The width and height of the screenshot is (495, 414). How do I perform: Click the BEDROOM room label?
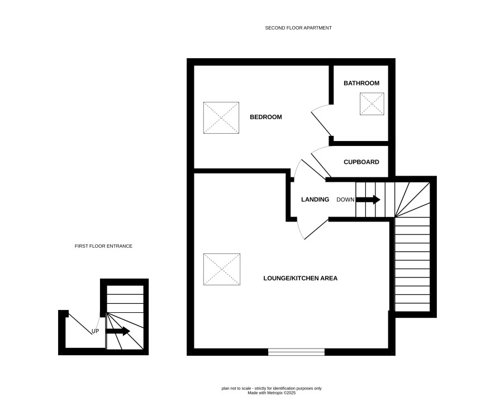point(266,117)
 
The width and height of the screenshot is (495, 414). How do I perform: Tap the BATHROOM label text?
point(361,83)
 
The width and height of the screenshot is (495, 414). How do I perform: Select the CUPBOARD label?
point(361,162)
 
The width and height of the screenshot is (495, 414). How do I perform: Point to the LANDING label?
point(315,199)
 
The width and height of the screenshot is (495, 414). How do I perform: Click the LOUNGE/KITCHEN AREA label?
point(301,279)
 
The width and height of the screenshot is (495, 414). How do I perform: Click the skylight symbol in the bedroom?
point(221,117)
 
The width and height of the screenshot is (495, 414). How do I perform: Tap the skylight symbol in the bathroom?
point(372,103)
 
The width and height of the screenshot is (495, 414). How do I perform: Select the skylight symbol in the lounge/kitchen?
point(222,269)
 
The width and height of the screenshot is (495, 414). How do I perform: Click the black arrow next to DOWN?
point(368,200)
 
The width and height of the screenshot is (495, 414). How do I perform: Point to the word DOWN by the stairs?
point(345,200)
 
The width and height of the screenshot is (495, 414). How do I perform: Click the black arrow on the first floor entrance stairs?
point(118,331)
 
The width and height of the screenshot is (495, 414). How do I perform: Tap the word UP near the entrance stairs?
point(95,331)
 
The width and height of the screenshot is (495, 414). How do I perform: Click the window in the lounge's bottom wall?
point(297,352)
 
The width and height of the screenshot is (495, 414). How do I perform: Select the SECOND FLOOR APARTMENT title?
point(298,28)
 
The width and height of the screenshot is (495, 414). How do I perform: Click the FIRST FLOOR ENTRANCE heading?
point(103,246)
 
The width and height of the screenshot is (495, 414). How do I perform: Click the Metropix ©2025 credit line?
point(272,393)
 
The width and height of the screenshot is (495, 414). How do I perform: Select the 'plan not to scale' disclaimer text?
point(272,388)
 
